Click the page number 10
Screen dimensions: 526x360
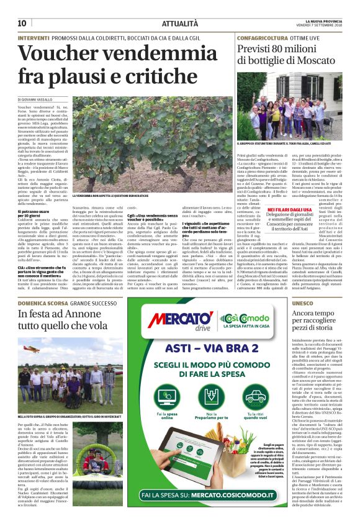tap(21, 23)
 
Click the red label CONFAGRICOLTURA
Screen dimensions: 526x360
tap(259, 38)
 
